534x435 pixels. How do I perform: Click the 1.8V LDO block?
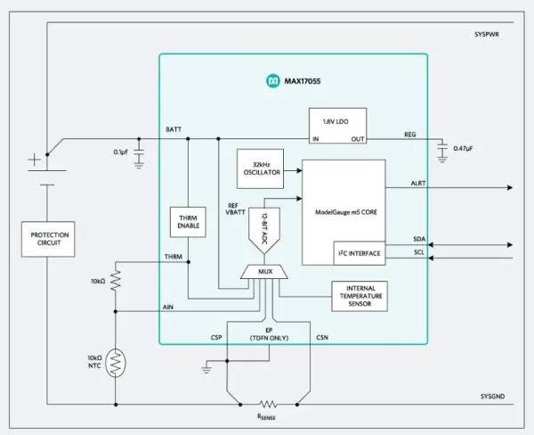(338, 126)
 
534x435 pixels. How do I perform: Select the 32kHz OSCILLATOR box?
(260, 168)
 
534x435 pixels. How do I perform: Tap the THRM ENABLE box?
(188, 222)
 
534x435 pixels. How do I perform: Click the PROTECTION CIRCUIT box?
(48, 239)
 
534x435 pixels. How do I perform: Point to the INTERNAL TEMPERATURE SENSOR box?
(360, 296)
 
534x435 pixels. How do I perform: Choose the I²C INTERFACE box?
(360, 253)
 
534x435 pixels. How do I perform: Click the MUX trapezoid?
(264, 272)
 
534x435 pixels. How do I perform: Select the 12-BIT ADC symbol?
(264, 230)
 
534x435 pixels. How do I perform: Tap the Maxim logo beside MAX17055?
(273, 81)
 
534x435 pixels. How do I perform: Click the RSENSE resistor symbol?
(268, 405)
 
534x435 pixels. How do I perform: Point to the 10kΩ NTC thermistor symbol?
(116, 363)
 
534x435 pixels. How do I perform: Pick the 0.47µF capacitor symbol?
(442, 151)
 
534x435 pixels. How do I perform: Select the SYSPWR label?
(487, 35)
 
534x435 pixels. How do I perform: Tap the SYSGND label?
(492, 397)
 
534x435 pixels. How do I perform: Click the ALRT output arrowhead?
(510, 187)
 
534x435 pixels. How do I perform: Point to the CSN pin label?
(322, 338)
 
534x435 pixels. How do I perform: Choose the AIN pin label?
(168, 307)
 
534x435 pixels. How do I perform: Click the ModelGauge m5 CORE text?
(346, 212)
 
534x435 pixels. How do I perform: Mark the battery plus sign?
(34, 160)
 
